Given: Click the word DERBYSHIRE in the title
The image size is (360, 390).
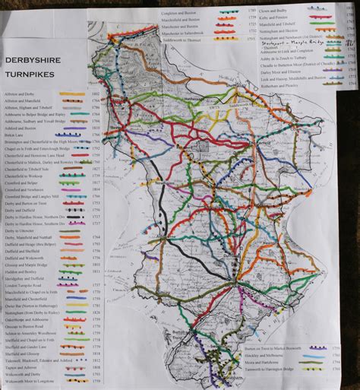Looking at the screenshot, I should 34,62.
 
